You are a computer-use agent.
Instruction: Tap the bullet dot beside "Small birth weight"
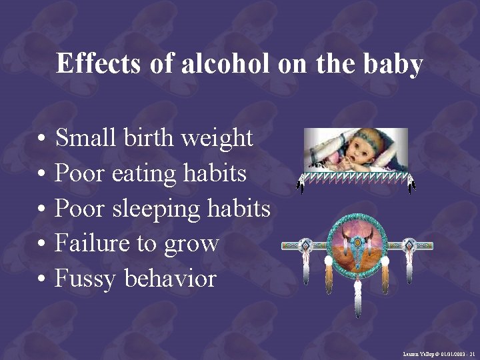[x=41, y=140]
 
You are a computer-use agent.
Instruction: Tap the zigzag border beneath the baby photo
[x=354, y=177]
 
